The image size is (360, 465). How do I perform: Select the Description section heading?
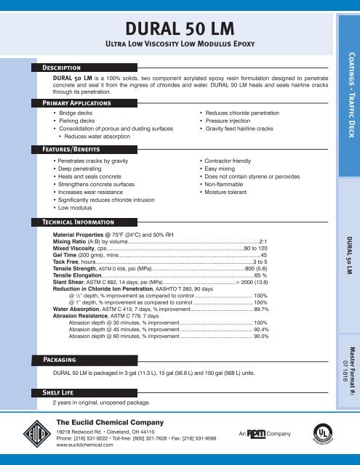[66, 67]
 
